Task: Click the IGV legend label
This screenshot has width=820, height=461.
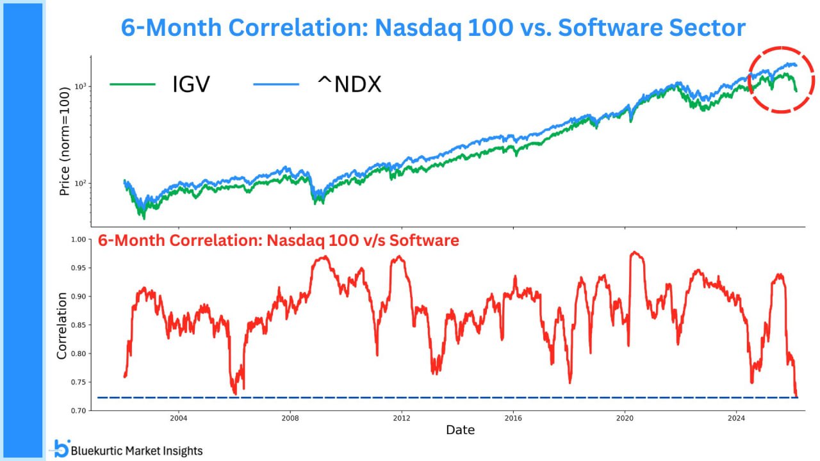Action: (x=190, y=84)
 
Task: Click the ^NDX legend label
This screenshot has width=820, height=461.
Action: (x=349, y=84)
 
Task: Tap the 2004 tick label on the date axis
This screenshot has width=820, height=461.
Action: (x=179, y=419)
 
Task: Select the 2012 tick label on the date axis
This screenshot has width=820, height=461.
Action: (x=402, y=419)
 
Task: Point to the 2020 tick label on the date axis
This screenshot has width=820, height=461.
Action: (x=625, y=419)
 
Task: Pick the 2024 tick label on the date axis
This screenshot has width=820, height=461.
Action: (x=736, y=419)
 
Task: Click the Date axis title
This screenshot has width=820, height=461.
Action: (x=460, y=430)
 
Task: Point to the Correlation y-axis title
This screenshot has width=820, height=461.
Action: (x=62, y=325)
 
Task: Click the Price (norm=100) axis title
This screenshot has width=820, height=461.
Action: (x=64, y=141)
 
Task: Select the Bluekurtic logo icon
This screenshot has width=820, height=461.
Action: (x=61, y=448)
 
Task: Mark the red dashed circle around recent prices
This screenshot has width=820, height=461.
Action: (x=780, y=79)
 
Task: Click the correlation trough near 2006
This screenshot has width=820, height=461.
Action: (x=235, y=392)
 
